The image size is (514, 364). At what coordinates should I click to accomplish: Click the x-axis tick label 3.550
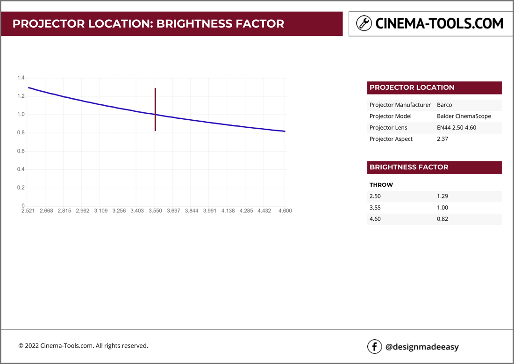click(x=155, y=211)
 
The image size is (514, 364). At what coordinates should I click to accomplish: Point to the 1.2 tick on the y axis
click(x=21, y=96)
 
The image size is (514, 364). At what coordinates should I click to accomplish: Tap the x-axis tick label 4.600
click(x=285, y=211)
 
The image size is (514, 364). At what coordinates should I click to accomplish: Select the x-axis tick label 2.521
click(x=28, y=211)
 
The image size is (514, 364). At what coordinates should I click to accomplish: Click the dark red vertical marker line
click(x=155, y=109)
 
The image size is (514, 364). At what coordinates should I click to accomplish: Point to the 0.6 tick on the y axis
click(x=21, y=151)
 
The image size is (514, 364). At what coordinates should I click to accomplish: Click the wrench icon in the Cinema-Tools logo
click(x=364, y=23)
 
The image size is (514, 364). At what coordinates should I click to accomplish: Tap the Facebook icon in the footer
click(x=374, y=347)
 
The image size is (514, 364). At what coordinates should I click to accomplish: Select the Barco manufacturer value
click(x=444, y=105)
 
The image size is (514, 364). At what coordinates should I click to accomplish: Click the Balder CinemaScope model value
click(x=464, y=116)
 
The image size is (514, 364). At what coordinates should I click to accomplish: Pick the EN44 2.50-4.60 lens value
click(x=456, y=128)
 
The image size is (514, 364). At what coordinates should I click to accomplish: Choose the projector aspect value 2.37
click(x=443, y=139)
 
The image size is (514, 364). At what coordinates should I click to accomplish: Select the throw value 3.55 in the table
click(x=375, y=208)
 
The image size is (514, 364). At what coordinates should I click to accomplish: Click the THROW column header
click(x=381, y=185)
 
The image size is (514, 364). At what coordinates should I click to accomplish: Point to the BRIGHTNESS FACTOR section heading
click(x=409, y=167)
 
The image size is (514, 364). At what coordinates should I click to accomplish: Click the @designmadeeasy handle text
click(x=422, y=347)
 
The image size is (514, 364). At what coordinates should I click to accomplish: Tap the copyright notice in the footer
click(x=83, y=346)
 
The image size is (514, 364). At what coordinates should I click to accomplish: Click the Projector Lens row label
click(x=388, y=128)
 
